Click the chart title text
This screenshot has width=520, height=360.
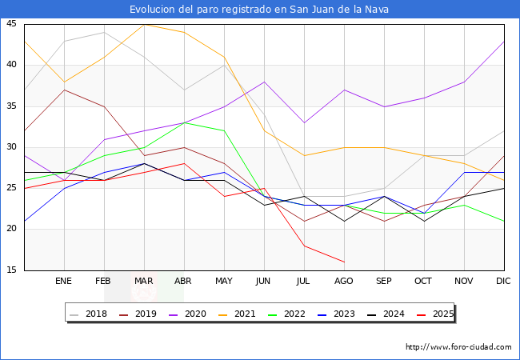pos(260,10)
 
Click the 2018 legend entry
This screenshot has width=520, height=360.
pos(90,314)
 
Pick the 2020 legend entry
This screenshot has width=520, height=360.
pos(188,314)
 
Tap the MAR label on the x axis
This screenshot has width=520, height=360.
pos(144,282)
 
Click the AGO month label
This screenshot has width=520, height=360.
pos(344,282)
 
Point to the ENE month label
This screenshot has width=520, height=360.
pos(64,282)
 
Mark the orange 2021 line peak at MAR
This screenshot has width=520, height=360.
pos(144,24)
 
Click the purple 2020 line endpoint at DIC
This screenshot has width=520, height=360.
pos(504,41)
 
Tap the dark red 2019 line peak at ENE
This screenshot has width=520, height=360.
pos(64,90)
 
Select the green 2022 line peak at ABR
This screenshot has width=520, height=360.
pos(184,122)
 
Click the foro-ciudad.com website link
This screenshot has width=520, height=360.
pos(458,347)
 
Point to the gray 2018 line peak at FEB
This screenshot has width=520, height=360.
pos(104,32)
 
